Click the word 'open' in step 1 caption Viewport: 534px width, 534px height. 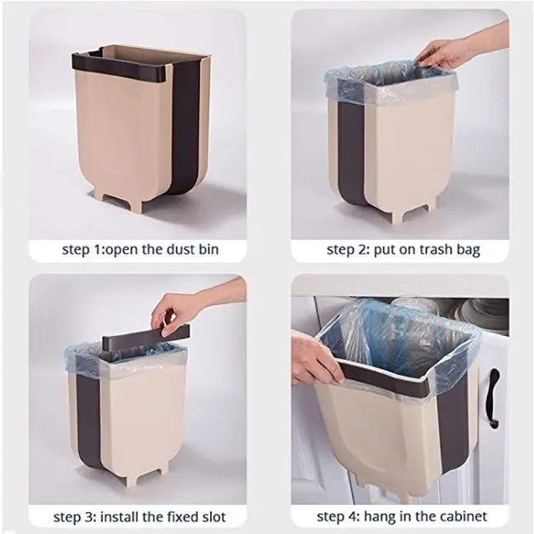tap(121, 250)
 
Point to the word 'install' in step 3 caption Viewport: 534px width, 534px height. tap(120, 517)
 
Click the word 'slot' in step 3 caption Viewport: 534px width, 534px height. tap(213, 517)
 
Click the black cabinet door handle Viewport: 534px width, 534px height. tap(494, 398)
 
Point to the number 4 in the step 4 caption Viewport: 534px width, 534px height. tap(355, 517)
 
